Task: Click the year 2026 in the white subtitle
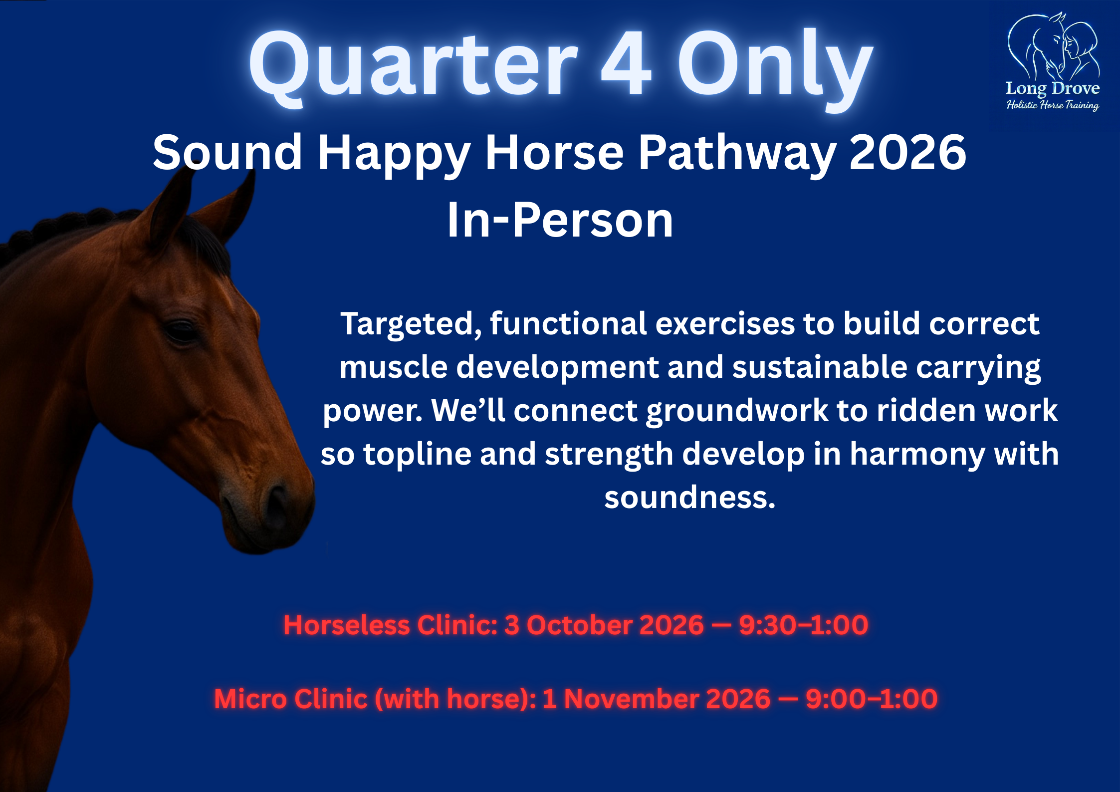(x=908, y=153)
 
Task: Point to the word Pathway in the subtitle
(x=737, y=153)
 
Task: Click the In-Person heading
(x=560, y=221)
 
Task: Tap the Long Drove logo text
(x=1053, y=89)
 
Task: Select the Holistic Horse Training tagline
(x=1053, y=105)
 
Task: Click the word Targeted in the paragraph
(x=411, y=324)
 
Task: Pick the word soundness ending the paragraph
(x=689, y=498)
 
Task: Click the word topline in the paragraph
(x=417, y=455)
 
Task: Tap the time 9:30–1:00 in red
(x=803, y=625)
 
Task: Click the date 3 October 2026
(x=604, y=625)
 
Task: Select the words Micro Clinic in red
(x=291, y=699)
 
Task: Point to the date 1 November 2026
(x=656, y=699)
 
